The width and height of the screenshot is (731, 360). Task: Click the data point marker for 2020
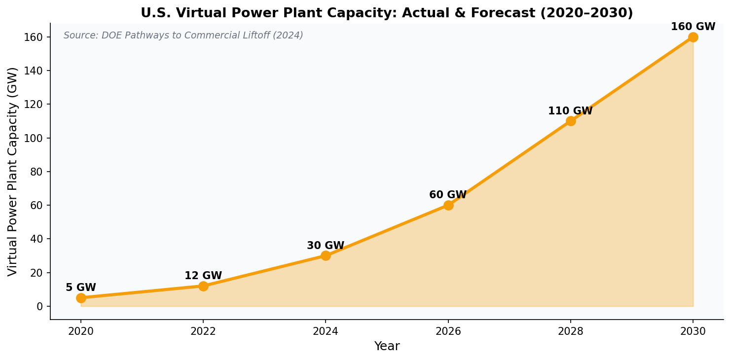(81, 298)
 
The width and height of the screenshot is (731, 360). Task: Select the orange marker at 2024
(326, 255)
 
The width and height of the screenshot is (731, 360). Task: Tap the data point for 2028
(571, 121)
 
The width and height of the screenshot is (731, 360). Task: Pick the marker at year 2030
(693, 37)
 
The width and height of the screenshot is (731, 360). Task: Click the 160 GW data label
(693, 27)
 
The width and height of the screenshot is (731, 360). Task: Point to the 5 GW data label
(81, 288)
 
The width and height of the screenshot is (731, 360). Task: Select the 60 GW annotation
(447, 195)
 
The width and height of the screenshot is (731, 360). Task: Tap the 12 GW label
(203, 276)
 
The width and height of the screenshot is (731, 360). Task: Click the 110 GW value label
(570, 111)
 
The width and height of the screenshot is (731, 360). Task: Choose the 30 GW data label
(326, 246)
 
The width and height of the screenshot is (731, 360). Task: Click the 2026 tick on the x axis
(448, 331)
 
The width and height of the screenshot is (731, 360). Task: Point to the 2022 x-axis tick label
(203, 331)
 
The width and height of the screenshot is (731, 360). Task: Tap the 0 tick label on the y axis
(40, 306)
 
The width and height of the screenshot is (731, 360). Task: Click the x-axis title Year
(387, 347)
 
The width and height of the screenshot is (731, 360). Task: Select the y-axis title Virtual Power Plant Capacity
(13, 171)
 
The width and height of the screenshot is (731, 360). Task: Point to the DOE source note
(183, 36)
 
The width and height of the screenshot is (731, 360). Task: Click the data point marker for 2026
(448, 205)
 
